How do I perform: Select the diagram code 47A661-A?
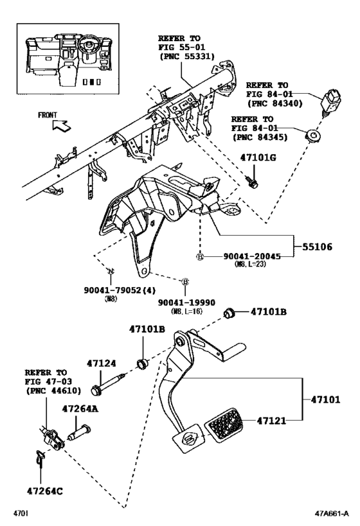click(331, 514)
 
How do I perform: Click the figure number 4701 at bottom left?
click(23, 514)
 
